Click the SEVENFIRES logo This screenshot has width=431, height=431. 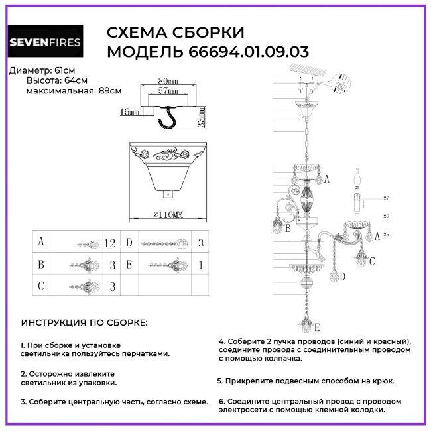44,43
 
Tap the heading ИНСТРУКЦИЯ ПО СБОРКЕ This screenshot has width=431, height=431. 84,323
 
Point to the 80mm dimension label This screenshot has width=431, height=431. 168,81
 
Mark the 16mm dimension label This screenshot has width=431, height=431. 129,113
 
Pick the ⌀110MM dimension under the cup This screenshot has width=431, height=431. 168,215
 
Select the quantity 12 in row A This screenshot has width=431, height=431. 110,243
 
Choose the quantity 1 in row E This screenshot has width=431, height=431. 200,265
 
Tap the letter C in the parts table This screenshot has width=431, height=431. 41,286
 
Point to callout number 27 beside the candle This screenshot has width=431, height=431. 386,198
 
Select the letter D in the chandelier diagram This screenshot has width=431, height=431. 343,277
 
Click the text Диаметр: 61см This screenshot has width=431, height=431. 38,70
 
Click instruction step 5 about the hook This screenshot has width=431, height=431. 306,381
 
